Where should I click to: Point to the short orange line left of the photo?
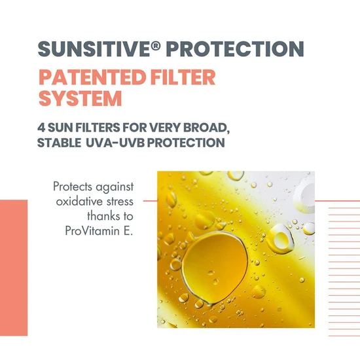tap(150, 201)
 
